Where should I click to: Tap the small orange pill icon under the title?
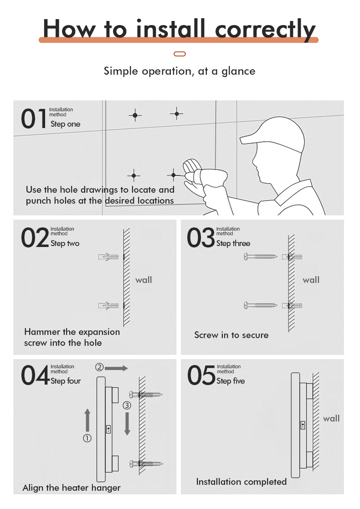click(x=180, y=54)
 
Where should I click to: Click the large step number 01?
click(x=34, y=119)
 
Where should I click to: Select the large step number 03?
click(x=201, y=238)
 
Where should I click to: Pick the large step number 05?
click(x=201, y=376)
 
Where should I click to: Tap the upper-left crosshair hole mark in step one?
click(x=135, y=116)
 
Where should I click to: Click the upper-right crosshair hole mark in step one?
click(x=177, y=113)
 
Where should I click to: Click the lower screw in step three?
click(x=260, y=305)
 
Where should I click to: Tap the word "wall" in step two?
click(x=144, y=280)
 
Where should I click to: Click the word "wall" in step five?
click(x=331, y=418)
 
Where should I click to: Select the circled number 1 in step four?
click(x=87, y=438)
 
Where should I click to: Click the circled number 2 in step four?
click(x=99, y=367)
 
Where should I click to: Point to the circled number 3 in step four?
click(x=127, y=405)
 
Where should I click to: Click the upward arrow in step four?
click(x=87, y=420)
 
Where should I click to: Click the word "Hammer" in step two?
click(x=43, y=332)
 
